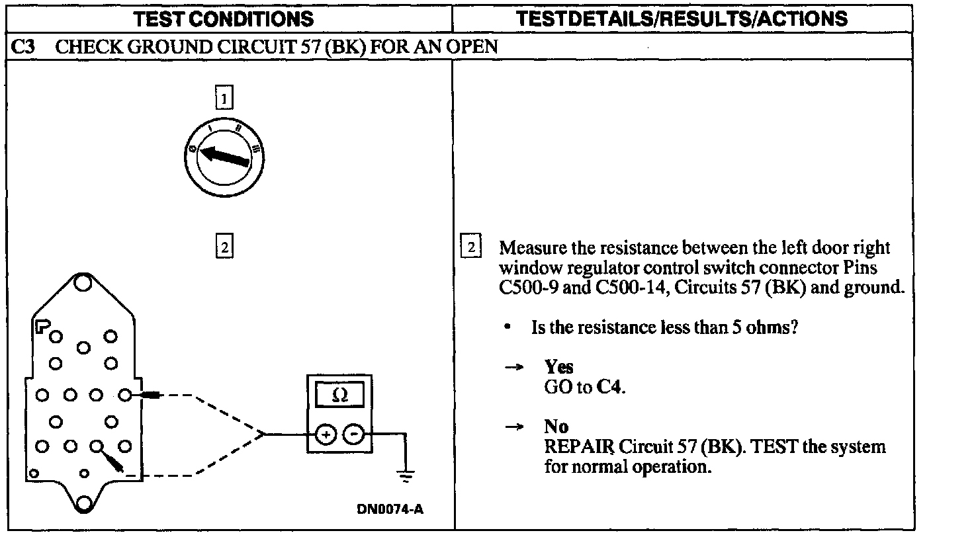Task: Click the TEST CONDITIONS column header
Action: (x=224, y=19)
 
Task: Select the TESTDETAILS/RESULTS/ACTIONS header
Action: (x=682, y=19)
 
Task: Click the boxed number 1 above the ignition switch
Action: (x=224, y=99)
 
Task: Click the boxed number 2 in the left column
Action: (x=224, y=248)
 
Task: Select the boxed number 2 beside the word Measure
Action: (x=470, y=248)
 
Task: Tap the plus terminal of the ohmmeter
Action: (x=326, y=434)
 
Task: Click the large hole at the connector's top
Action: (x=83, y=283)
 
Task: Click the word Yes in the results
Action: (x=558, y=367)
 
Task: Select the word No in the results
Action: (x=556, y=427)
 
